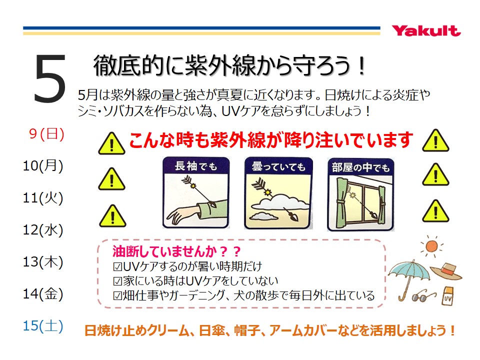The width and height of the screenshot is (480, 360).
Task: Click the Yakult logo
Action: pyautogui.click(x=426, y=31)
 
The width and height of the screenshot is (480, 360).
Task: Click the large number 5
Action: pyautogui.click(x=50, y=78)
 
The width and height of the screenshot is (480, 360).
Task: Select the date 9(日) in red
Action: pyautogui.click(x=47, y=134)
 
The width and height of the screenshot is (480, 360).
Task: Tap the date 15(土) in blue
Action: pyautogui.click(x=43, y=325)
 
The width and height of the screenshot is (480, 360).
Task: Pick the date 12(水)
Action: pyautogui.click(x=43, y=229)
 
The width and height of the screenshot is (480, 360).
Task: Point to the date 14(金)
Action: pyautogui.click(x=43, y=293)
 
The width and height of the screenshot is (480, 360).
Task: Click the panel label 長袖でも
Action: pyautogui.click(x=196, y=166)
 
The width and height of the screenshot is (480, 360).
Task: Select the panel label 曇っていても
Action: pyautogui.click(x=278, y=166)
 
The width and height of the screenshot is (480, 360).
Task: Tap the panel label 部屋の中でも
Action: pyautogui.click(x=360, y=167)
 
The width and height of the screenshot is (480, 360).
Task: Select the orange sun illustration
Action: pyautogui.click(x=431, y=246)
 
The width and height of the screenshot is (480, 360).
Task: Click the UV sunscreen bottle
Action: pyautogui.click(x=448, y=295)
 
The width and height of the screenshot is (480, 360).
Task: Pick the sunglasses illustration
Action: pyautogui.click(x=423, y=295)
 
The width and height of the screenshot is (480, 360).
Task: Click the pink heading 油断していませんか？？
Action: pyautogui.click(x=176, y=251)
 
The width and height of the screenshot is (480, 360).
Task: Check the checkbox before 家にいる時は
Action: pyautogui.click(x=117, y=280)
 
